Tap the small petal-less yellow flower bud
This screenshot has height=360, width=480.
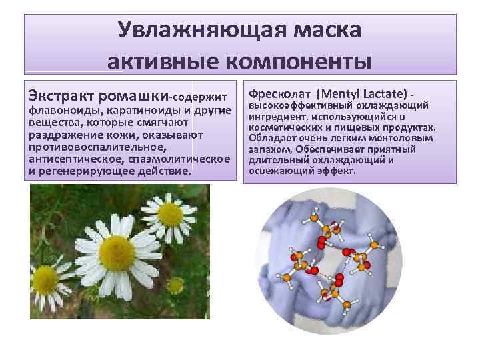tap(175, 285)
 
